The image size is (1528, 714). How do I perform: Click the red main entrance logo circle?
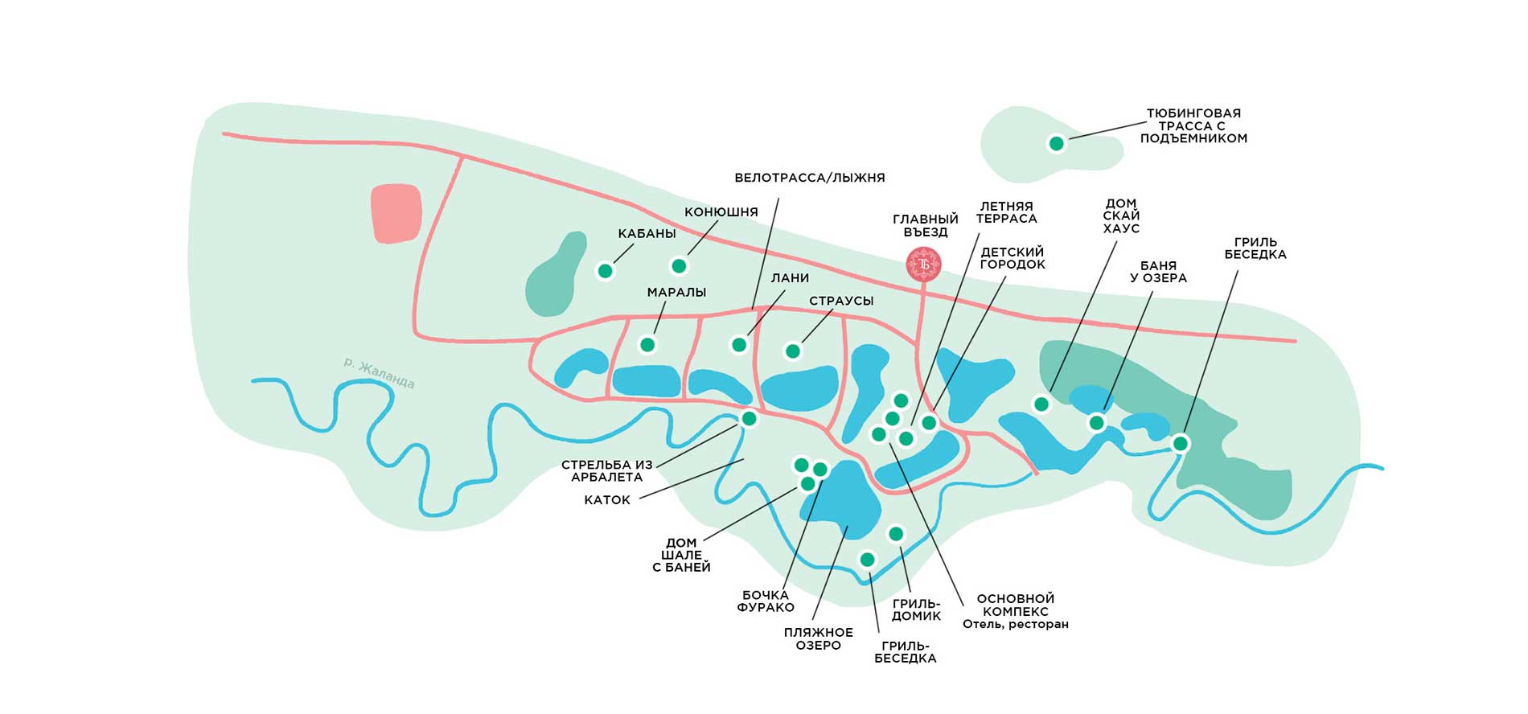click(923, 264)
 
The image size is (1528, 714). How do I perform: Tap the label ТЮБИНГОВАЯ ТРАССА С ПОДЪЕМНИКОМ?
click(1193, 126)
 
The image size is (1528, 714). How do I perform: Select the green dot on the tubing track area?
click(1057, 144)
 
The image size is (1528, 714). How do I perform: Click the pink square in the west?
click(396, 213)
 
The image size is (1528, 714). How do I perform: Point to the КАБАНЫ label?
click(647, 234)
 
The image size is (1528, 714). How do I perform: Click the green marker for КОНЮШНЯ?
click(679, 266)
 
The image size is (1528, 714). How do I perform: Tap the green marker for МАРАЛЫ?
click(647, 345)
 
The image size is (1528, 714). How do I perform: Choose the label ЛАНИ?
click(790, 278)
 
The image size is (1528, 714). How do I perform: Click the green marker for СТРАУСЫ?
click(793, 351)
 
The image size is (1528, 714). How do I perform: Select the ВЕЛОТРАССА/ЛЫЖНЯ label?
click(809, 178)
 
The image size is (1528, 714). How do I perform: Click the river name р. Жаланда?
click(379, 372)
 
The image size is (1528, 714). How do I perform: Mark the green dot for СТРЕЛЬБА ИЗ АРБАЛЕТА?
click(749, 419)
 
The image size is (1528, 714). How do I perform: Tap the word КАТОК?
click(607, 500)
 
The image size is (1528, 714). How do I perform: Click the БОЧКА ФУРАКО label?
click(766, 601)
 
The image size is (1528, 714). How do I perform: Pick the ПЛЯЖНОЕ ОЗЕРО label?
click(818, 639)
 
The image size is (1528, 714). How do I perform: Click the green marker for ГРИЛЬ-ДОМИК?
click(896, 534)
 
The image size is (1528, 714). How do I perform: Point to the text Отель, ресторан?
click(1015, 625)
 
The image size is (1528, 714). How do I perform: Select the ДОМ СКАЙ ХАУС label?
click(1121, 216)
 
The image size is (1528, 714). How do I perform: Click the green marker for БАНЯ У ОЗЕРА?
click(1097, 423)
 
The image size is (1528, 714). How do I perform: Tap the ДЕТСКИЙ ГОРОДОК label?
click(1013, 258)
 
